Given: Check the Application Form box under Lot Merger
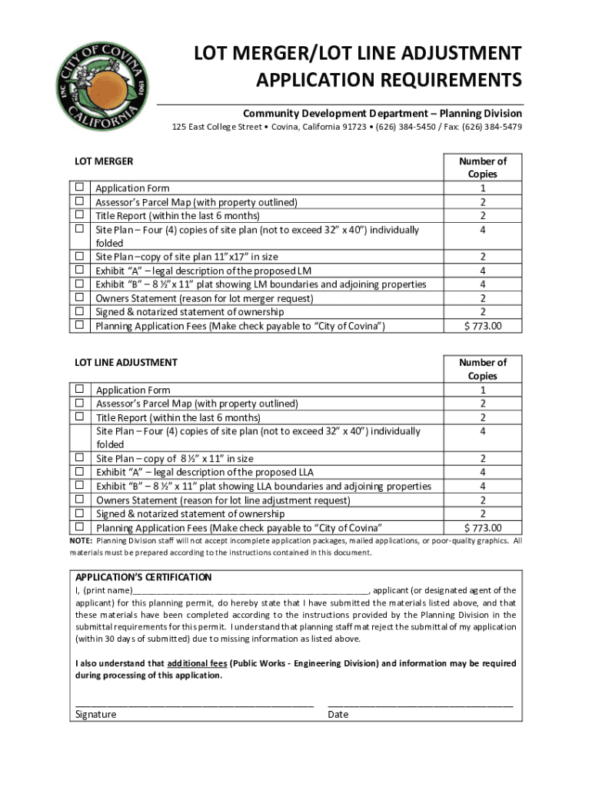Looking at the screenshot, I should [78, 188].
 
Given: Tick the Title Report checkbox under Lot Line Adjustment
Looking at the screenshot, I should [78, 417].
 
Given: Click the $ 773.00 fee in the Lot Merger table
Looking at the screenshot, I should [483, 327].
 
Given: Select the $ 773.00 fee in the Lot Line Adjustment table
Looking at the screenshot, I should [483, 528].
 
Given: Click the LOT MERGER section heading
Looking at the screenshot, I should [103, 161].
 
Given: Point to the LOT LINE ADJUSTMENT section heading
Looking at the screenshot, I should [125, 363].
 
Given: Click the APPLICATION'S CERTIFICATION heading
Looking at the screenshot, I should [143, 577].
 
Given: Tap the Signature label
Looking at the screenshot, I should [95, 715].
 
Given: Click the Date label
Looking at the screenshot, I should [338, 715].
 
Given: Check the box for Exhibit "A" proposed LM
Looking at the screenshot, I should [78, 271].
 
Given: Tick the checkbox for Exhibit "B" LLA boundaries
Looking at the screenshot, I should [78, 486].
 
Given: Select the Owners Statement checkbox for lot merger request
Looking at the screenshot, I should [78, 298].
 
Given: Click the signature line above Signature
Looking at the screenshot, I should [194, 703].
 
